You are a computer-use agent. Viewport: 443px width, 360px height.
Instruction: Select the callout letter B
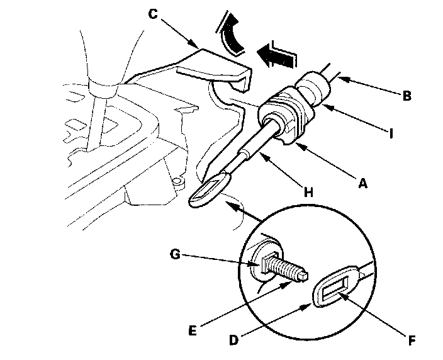pyautogui.click(x=407, y=96)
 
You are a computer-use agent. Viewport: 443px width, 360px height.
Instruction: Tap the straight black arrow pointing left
pyautogui.click(x=277, y=56)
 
